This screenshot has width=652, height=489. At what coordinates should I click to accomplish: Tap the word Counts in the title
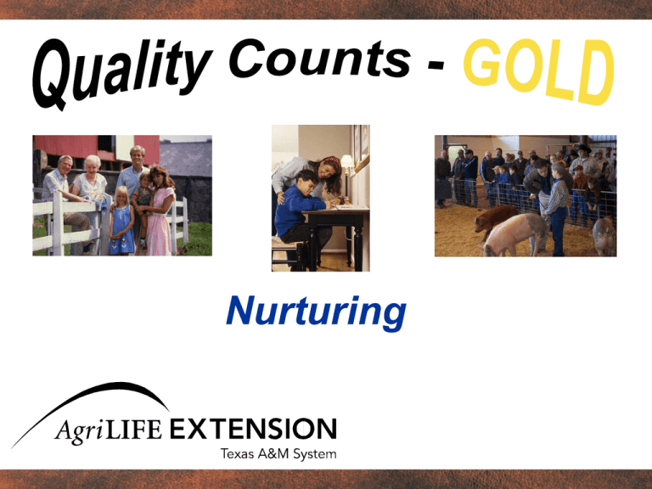(319, 59)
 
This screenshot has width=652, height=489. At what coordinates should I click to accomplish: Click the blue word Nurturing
(316, 312)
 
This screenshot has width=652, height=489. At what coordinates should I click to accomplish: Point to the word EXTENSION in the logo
(253, 429)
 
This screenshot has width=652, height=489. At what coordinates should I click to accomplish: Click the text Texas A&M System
(278, 453)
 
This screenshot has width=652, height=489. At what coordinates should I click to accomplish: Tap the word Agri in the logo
(79, 430)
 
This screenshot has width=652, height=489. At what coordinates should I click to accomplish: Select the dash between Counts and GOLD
(436, 65)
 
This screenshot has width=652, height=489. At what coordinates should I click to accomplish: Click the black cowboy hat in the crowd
(583, 149)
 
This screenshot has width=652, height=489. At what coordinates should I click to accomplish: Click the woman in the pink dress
(160, 211)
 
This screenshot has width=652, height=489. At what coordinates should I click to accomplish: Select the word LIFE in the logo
(134, 430)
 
